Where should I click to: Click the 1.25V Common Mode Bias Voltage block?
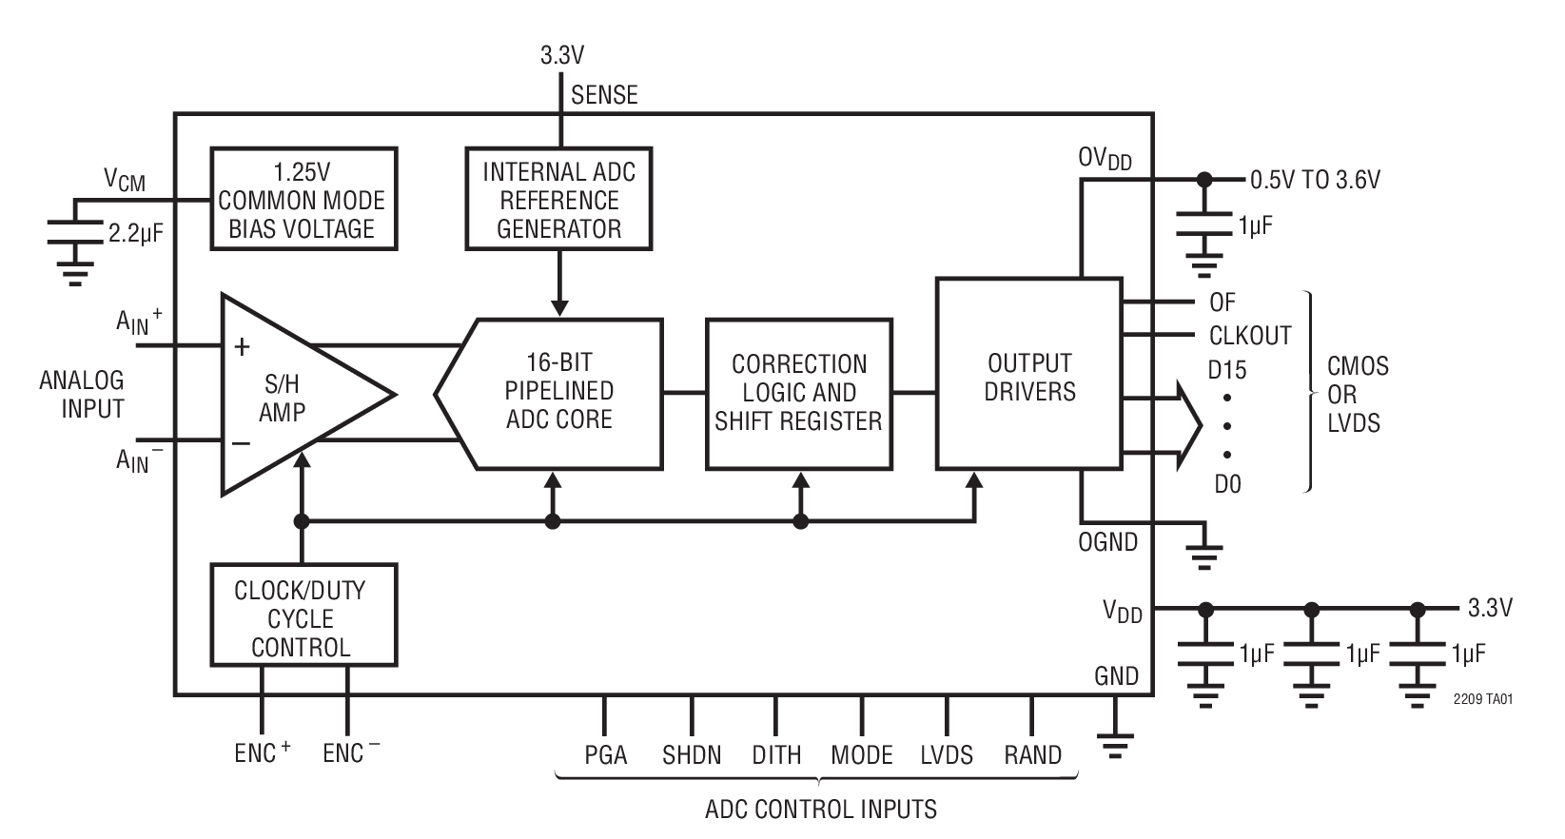coord(303,200)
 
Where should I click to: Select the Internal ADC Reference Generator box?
coord(558,200)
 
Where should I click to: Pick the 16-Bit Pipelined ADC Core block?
coord(559,392)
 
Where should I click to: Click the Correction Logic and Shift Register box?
coord(799,393)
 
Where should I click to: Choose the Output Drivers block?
coord(1028,376)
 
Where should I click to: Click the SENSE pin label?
coord(604,95)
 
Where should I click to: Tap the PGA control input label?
coord(605,755)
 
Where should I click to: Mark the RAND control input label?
coord(1032,755)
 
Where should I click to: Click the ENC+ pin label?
coord(262,753)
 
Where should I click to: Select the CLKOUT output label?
coord(1249,336)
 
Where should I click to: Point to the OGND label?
coord(1107,542)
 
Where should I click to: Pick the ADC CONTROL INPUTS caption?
coord(820,810)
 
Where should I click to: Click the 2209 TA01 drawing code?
coord(1482,699)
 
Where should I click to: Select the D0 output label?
coord(1227,484)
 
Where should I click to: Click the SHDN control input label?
coord(692,755)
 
